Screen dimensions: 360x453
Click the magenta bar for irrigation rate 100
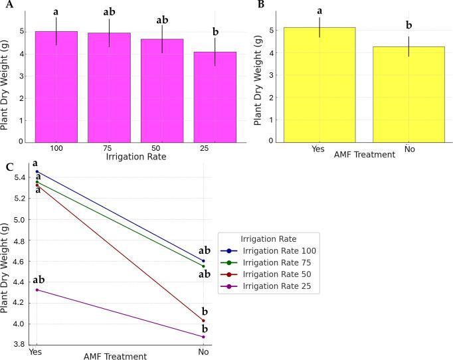tap(56, 86)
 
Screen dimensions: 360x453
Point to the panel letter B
tap(260, 5)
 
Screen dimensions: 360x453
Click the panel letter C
tap(8, 166)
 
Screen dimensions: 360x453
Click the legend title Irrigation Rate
tap(270, 238)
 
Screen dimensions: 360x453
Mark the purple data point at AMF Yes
tap(37, 290)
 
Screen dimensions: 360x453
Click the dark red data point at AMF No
tap(203, 321)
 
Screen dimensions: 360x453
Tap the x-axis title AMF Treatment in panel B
tap(363, 155)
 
